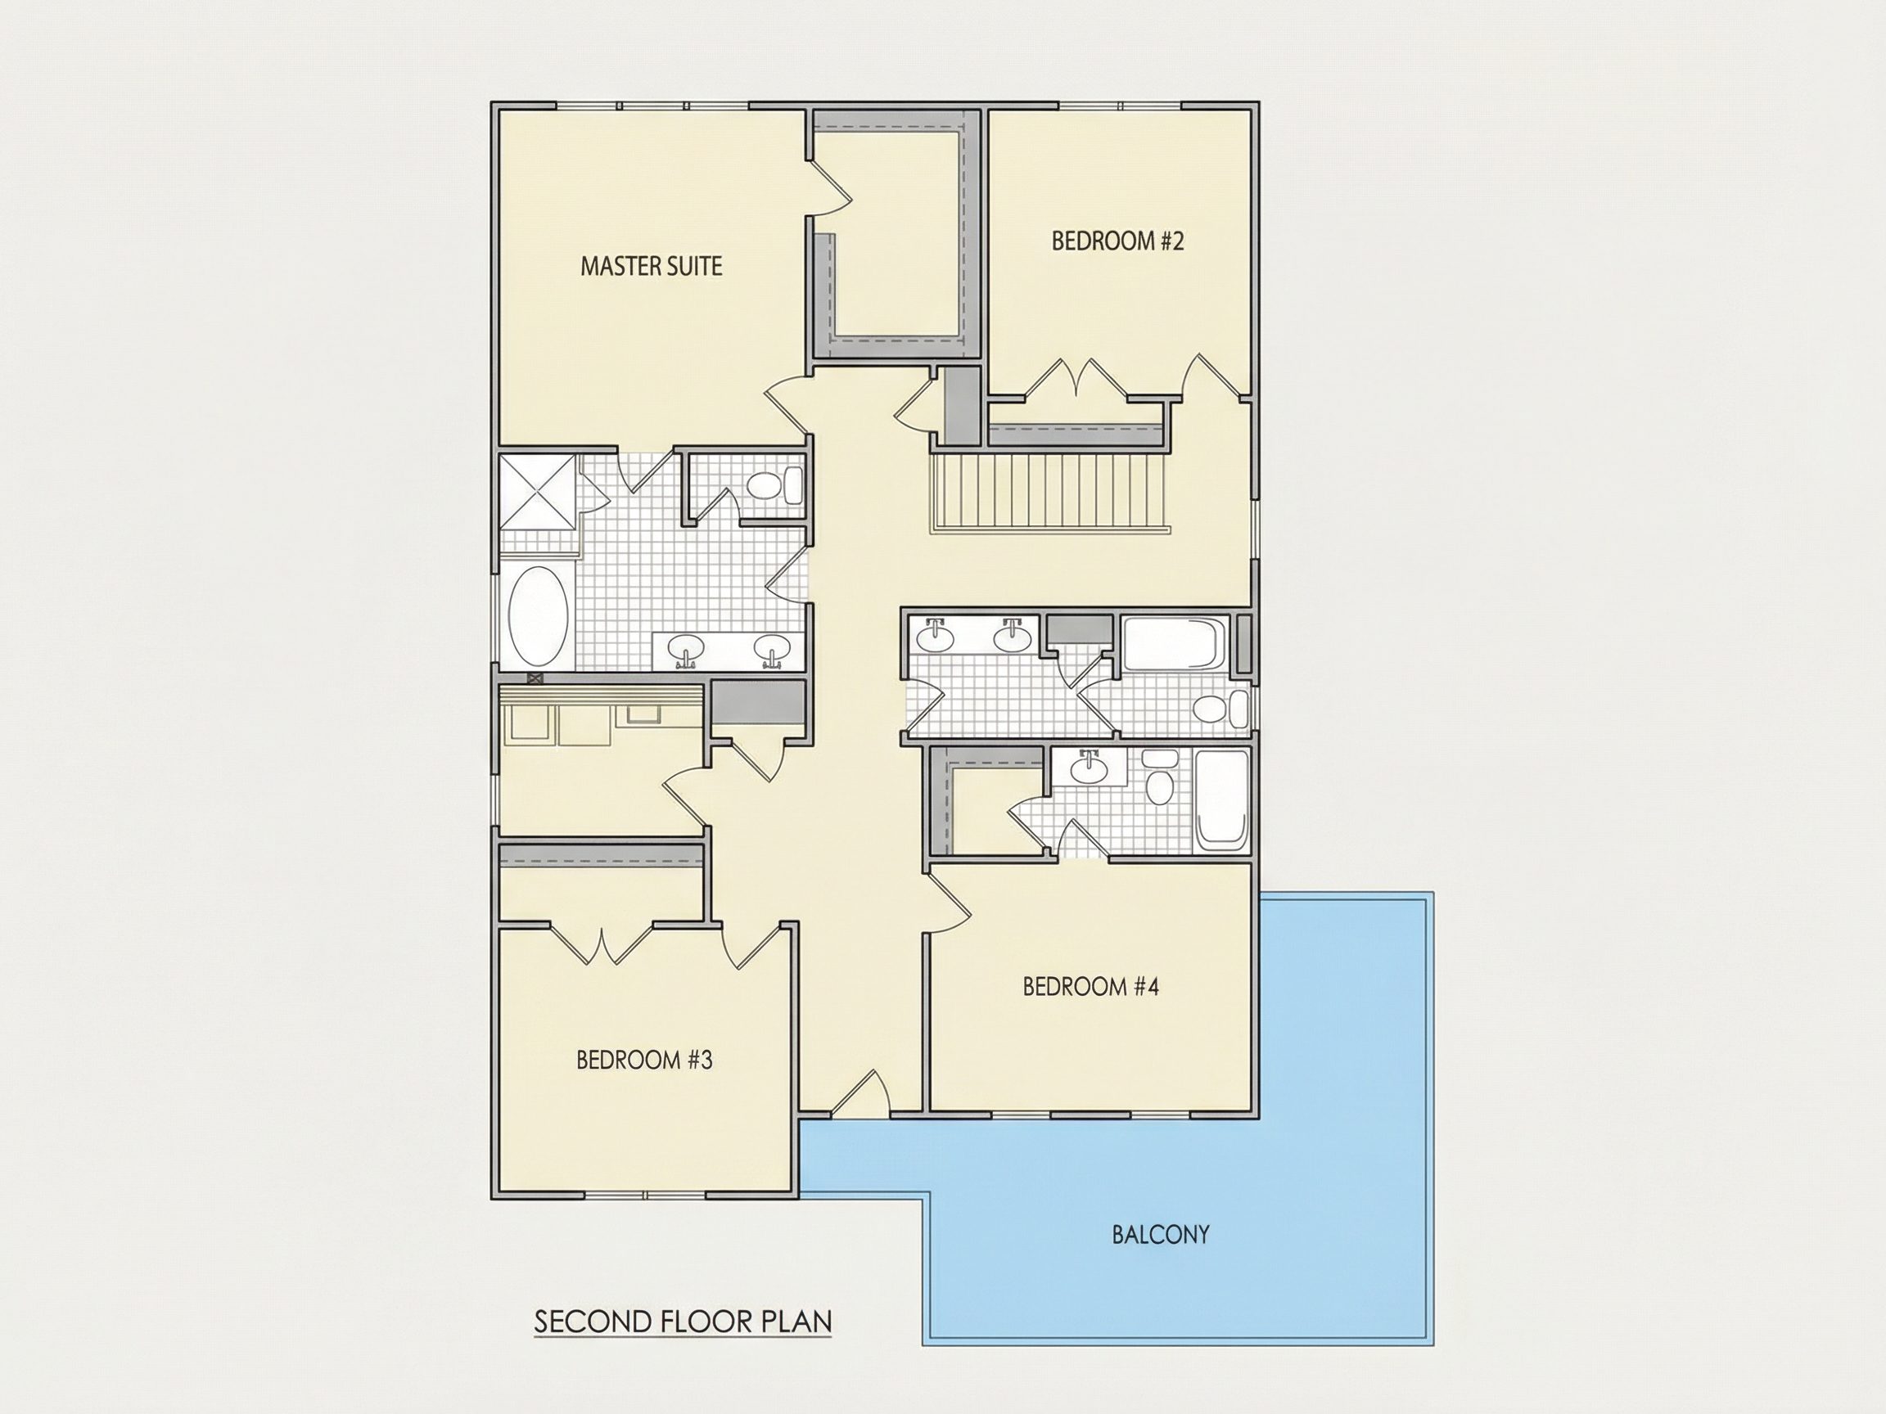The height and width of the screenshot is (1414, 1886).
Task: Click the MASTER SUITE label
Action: tap(652, 266)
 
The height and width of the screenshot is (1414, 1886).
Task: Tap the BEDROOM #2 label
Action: tap(1118, 241)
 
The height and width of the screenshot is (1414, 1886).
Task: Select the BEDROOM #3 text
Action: tap(644, 1060)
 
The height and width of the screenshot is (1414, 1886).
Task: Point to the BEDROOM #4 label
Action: tap(1090, 986)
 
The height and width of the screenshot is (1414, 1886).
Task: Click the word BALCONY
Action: tap(1161, 1234)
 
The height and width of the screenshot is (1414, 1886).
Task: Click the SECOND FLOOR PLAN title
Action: tap(683, 1322)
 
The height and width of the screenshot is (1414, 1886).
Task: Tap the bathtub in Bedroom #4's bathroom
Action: tap(1221, 799)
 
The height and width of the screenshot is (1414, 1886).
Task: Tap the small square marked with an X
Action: tap(535, 678)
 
